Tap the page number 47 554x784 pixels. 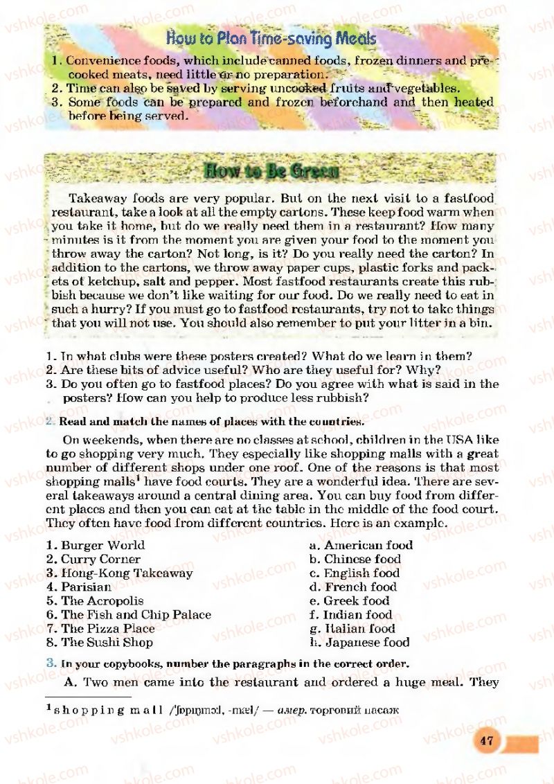point(486,740)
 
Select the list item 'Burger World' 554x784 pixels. point(102,545)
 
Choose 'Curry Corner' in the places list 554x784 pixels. point(100,559)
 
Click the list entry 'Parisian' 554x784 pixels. point(87,587)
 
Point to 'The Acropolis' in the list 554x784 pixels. point(102,600)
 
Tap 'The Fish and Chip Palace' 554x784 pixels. point(136,614)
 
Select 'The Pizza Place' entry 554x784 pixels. point(108,628)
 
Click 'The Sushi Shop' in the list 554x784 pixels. point(107,642)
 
